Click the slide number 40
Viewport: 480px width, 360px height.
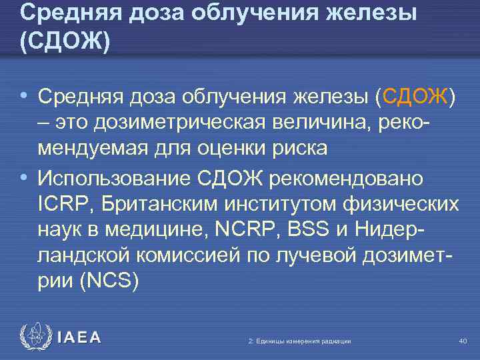(x=463, y=341)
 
